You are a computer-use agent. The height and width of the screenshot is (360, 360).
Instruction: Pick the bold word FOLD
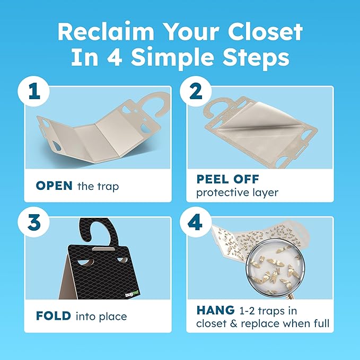click(x=54, y=316)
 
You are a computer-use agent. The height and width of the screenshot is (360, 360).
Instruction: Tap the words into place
click(x=101, y=317)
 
